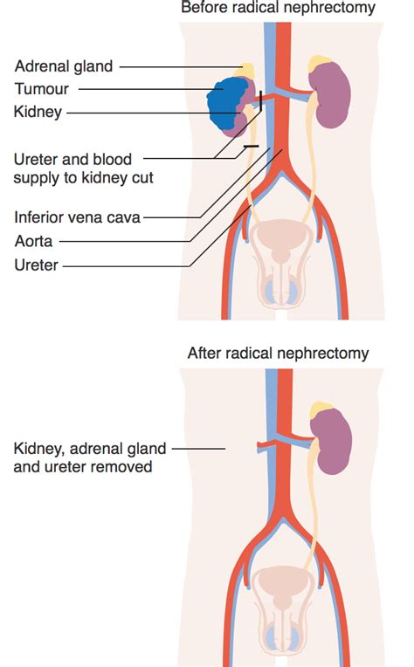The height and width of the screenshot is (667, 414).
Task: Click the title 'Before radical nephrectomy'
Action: [x=278, y=9]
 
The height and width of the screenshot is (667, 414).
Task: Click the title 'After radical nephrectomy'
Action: [x=278, y=354]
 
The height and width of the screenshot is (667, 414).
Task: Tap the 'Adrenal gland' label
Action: [x=64, y=65]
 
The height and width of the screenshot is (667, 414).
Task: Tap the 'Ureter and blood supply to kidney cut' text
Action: [x=75, y=168]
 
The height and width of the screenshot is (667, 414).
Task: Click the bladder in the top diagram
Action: [x=279, y=236]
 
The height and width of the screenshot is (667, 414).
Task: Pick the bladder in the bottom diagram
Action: [x=279, y=581]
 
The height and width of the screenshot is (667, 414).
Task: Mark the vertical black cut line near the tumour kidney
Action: [x=260, y=105]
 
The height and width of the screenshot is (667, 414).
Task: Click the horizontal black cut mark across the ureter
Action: [x=251, y=146]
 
